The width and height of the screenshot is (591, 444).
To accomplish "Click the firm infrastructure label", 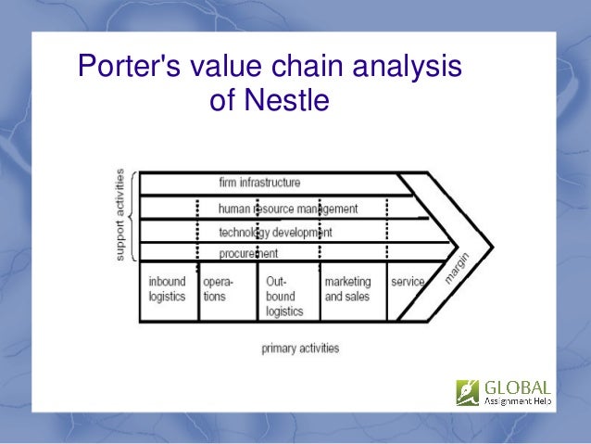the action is (259, 183).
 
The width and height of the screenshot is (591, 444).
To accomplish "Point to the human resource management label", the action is (287, 209).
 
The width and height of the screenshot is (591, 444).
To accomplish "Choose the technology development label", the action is (275, 232).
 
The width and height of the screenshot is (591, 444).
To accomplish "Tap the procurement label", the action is (248, 253).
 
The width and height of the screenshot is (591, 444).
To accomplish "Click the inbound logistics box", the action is (168, 289).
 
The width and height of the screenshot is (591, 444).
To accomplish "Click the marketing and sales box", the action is (347, 289).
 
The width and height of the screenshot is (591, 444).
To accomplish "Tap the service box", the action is (408, 282).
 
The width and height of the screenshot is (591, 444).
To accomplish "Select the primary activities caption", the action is (300, 349).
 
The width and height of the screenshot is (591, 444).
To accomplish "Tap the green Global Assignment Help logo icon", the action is (468, 392).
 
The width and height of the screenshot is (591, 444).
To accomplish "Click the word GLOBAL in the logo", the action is (516, 387).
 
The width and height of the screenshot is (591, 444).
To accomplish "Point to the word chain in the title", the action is (303, 67).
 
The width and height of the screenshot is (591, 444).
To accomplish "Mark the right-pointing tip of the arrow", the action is (492, 247).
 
